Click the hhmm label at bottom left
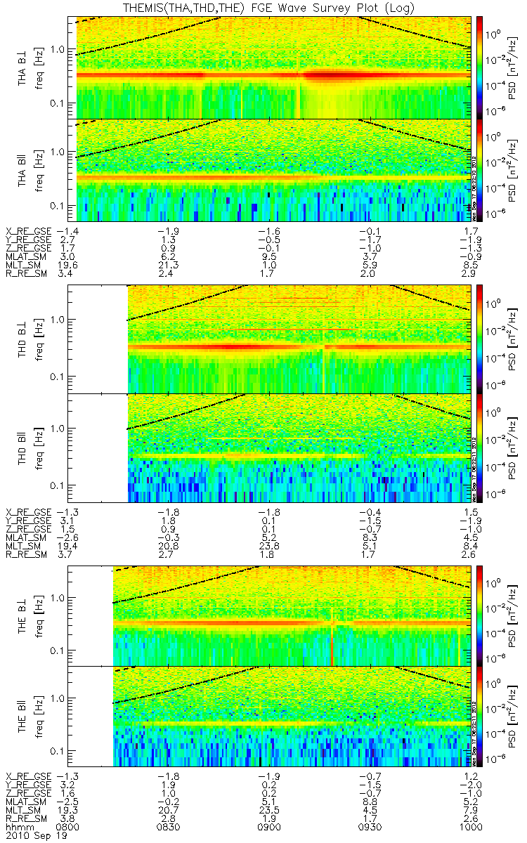click(x=19, y=828)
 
